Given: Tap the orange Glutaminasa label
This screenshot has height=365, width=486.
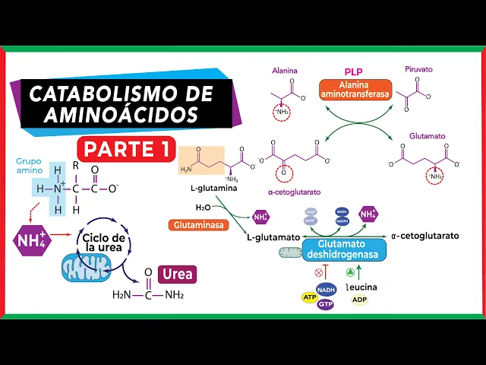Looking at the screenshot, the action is tap(197, 225).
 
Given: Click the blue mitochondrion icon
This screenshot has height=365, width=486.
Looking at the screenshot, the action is tap(86, 269).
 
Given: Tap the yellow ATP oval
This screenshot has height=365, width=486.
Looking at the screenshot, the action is tap(308, 297).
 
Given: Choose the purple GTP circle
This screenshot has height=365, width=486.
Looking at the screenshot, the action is tap(326, 304).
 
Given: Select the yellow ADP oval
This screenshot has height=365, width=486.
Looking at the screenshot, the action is tap(360, 300).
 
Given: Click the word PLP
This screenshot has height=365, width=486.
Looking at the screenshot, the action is tap(354, 71).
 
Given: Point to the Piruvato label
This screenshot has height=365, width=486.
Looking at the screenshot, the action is tap(419, 71).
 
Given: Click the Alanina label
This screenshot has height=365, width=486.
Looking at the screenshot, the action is tap(285, 71).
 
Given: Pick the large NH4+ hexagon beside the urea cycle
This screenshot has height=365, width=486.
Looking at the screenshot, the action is tap(31, 240).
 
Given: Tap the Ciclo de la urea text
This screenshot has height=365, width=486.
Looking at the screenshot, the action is tap(104, 243).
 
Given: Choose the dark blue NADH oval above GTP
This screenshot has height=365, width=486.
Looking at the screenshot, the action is tap(326, 289).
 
